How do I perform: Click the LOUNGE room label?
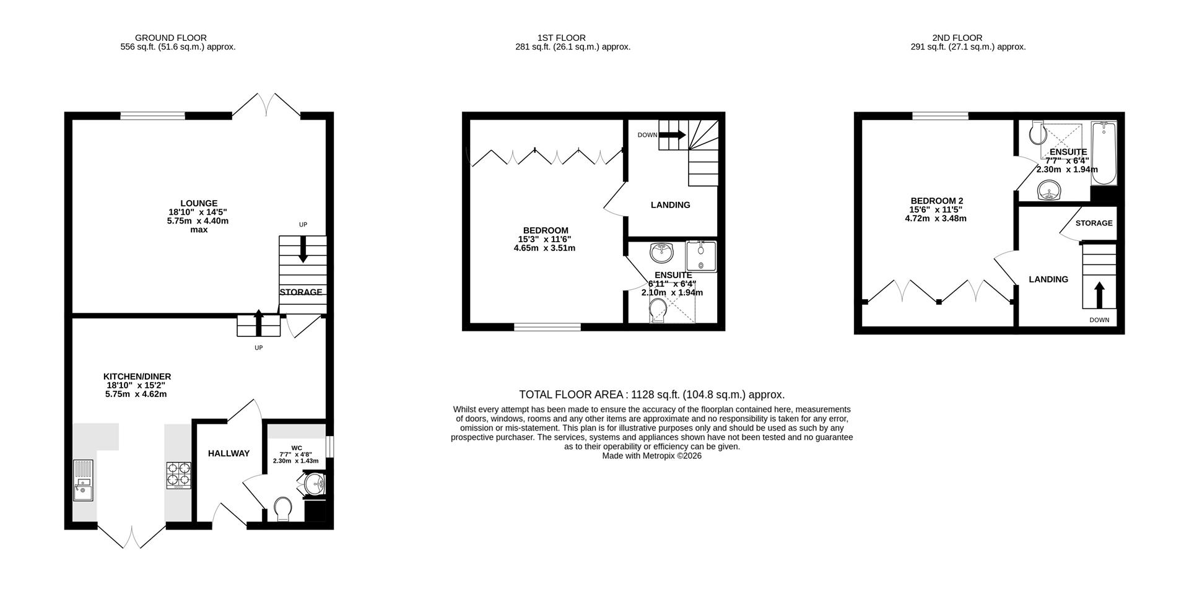pos(199,203)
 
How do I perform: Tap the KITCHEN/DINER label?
pos(137,377)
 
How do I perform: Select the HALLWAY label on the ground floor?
pos(229,453)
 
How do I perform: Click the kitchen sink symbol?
pos(83,480)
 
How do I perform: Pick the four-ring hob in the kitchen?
pos(178,476)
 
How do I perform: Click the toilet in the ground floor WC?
pos(282,509)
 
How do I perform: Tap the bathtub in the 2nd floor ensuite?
pos(1103,153)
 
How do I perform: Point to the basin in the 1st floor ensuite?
pos(661,253)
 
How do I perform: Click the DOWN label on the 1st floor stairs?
pos(647,135)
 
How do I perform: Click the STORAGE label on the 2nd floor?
pos(1094,223)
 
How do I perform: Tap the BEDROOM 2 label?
pos(936,201)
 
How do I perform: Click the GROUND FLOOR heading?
pos(171,38)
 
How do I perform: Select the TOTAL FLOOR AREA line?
pos(651,395)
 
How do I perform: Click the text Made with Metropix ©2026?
pos(651,456)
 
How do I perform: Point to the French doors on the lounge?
pos(266,104)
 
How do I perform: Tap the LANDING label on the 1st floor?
pos(670,205)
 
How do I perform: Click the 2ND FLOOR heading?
pos(957,38)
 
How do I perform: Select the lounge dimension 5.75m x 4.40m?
pos(198,221)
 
